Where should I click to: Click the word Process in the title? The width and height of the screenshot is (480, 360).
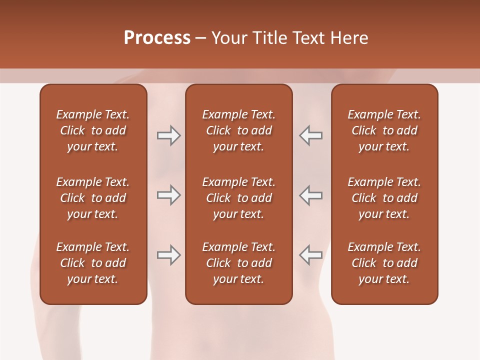[x=157, y=38]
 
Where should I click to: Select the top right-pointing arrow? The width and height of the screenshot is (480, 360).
[x=168, y=135]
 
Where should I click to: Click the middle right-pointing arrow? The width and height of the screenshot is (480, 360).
[x=168, y=195]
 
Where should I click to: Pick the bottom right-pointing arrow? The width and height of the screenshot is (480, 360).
[x=168, y=255]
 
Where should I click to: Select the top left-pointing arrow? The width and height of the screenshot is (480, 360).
[x=311, y=135]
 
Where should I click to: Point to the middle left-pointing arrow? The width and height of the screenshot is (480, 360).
[x=311, y=195]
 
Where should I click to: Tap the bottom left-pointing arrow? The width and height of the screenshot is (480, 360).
[x=311, y=255]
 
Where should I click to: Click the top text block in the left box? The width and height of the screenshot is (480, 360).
[x=93, y=130]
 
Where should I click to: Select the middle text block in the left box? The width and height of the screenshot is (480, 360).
[x=93, y=198]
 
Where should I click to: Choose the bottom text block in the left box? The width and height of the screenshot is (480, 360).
[x=93, y=263]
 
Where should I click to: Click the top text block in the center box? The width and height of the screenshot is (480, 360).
[x=239, y=130]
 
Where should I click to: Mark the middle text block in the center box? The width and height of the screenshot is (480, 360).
[x=239, y=198]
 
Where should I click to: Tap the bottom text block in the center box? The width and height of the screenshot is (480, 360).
[x=239, y=263]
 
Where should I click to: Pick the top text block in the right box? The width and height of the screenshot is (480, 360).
[x=384, y=130]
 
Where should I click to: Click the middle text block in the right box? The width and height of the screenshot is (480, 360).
[x=384, y=198]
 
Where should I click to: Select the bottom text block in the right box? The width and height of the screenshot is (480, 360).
[x=384, y=263]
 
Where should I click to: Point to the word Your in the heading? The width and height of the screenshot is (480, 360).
[x=230, y=38]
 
